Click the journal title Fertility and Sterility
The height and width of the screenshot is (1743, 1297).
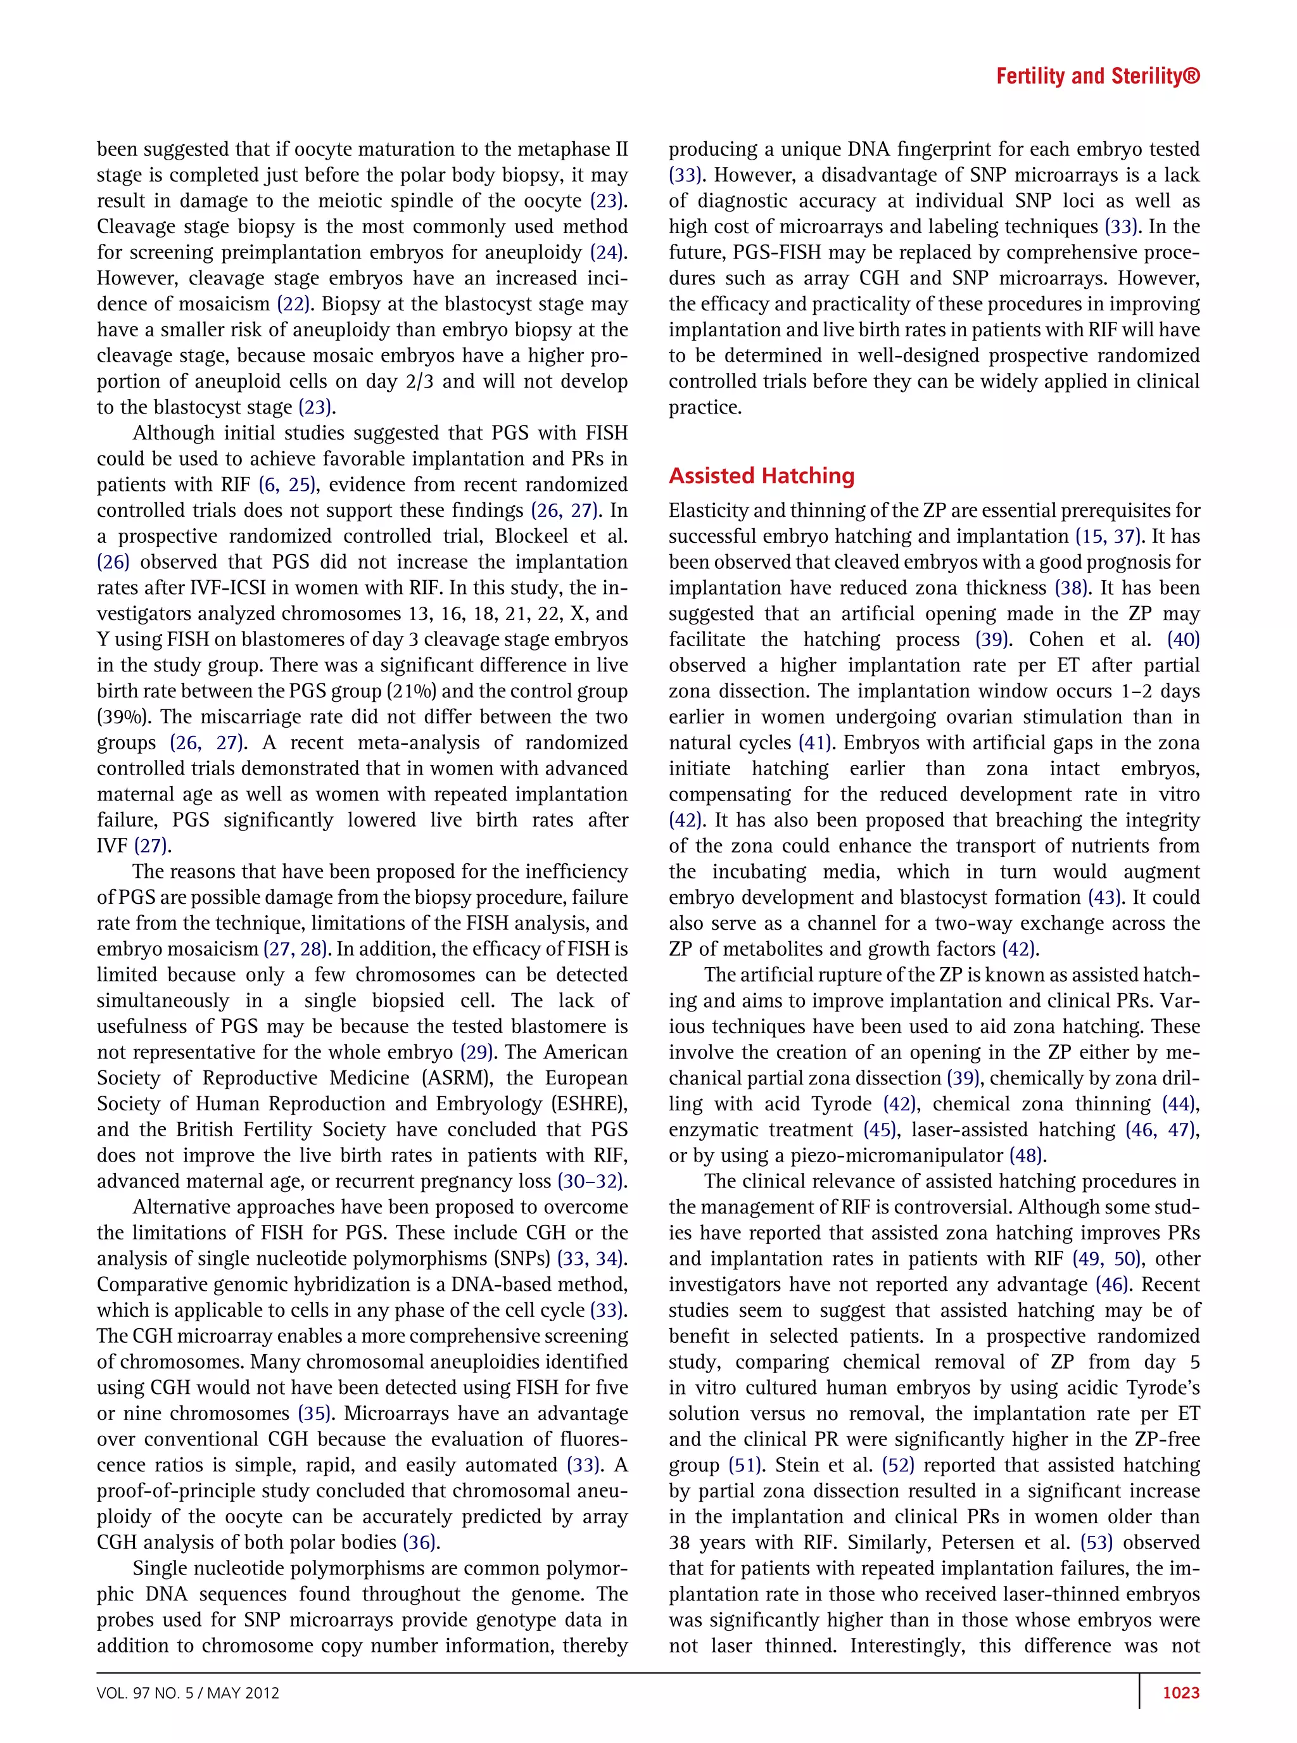1097,76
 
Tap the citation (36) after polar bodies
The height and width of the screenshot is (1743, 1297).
421,1542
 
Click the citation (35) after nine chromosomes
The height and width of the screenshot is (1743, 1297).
315,1413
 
